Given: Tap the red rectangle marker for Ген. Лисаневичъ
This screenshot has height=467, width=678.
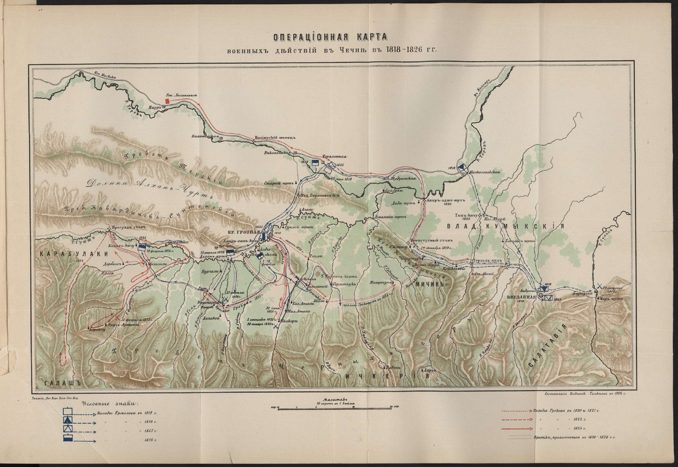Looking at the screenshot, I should coord(168,101).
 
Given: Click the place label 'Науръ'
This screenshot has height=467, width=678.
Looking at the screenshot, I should coord(154,108).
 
